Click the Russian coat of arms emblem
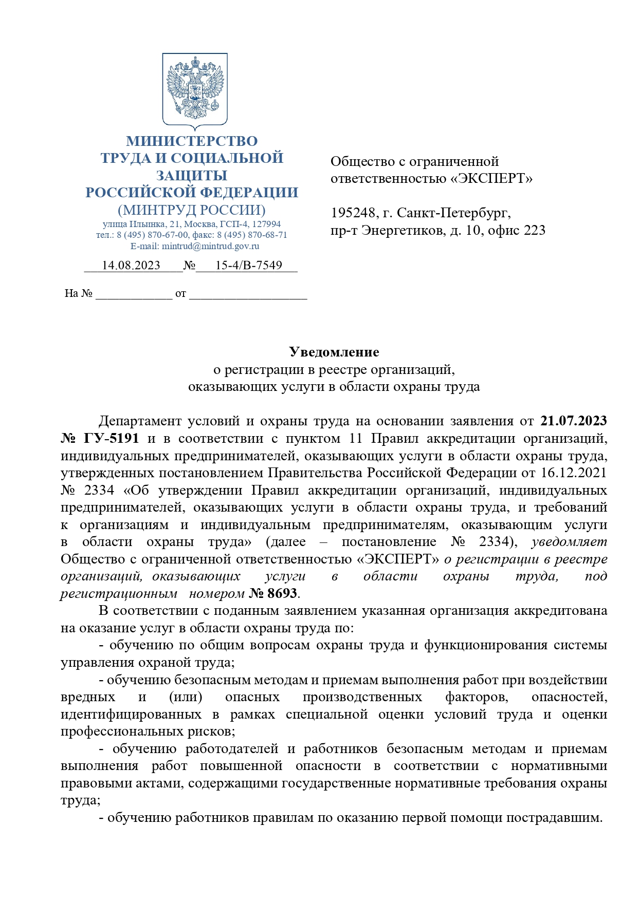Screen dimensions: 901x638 click(x=195, y=90)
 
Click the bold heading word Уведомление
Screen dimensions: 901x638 click(x=334, y=352)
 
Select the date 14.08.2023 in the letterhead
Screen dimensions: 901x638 click(x=131, y=265)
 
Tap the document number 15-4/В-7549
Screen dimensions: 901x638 click(x=248, y=265)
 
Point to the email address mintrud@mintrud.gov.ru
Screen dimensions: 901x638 click(x=210, y=246)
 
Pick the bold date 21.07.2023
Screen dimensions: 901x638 click(x=574, y=421)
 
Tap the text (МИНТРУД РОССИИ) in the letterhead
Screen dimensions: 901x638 click(x=191, y=210)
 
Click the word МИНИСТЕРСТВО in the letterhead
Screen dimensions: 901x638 click(x=192, y=141)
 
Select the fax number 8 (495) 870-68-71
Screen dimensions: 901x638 click(x=252, y=235)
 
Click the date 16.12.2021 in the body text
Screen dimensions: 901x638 click(x=574, y=473)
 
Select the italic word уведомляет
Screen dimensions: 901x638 click(x=569, y=541)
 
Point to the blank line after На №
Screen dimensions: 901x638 click(x=134, y=294)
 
